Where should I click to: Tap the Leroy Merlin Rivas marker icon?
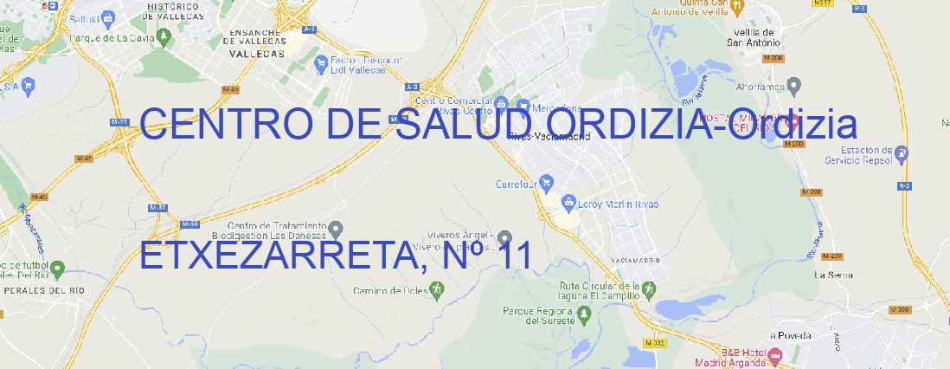[568, 204]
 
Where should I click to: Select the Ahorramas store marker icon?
[795, 85]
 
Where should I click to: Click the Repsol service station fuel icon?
[903, 154]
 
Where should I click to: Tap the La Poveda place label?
[788, 335]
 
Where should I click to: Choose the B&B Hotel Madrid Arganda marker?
[774, 355]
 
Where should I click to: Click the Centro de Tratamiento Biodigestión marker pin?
[337, 229]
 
